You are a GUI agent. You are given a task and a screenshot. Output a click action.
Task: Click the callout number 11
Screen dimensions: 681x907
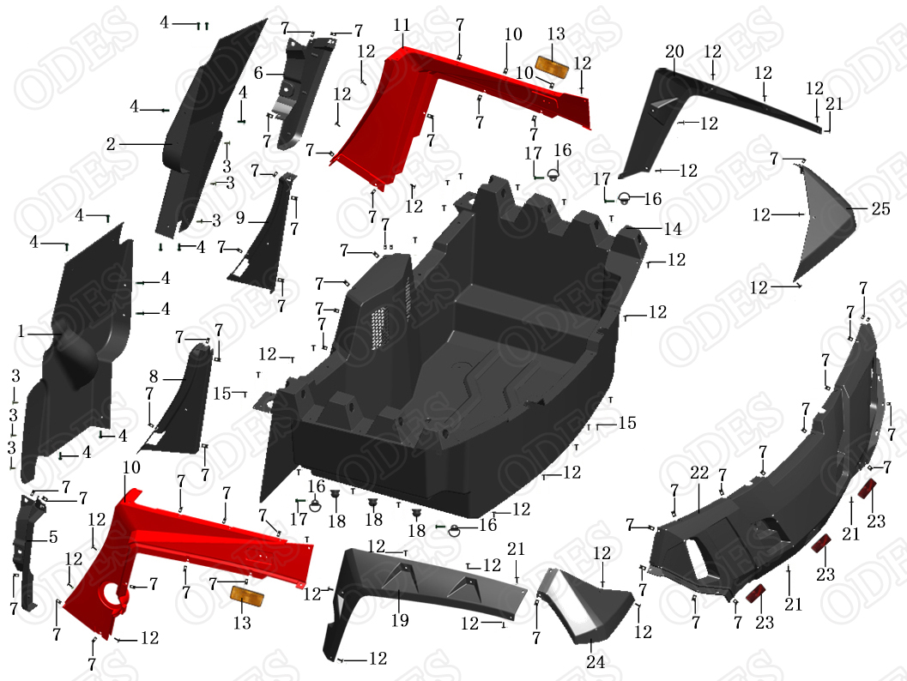[x=402, y=26]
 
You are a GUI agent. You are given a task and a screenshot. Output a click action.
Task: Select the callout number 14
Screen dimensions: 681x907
[x=672, y=229]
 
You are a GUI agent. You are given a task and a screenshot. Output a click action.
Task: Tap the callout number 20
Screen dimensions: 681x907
[x=674, y=51]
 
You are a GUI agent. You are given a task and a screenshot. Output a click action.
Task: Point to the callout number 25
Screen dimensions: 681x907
[x=880, y=208]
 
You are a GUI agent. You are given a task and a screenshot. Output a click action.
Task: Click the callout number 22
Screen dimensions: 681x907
[x=699, y=473]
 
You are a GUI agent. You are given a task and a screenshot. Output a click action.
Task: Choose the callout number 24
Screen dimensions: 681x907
[x=596, y=662]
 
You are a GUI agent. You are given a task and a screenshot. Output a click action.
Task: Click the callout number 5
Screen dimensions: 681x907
[x=53, y=538]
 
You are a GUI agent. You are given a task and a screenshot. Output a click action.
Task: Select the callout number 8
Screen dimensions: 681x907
[x=154, y=376]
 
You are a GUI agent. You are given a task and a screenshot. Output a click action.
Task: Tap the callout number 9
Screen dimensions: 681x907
[x=241, y=220]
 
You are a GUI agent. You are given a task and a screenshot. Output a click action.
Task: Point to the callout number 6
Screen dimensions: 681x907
[x=257, y=73]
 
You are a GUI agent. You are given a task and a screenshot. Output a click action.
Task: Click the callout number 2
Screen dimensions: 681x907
[x=111, y=145]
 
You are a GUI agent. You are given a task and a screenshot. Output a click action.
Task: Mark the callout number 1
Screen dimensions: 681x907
[x=21, y=331]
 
